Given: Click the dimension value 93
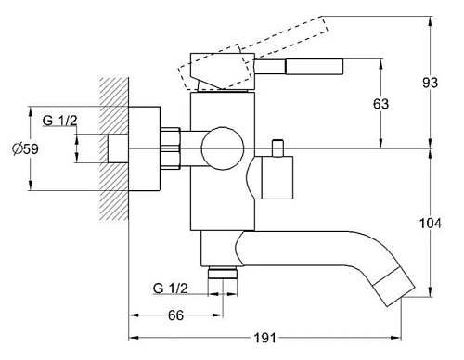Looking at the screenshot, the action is (x=431, y=83).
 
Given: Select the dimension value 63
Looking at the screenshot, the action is (x=380, y=104).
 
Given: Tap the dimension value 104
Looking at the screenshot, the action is (x=431, y=223).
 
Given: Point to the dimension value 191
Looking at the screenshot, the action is (x=265, y=338).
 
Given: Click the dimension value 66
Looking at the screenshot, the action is (x=175, y=315).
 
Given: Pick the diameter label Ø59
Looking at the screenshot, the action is (x=25, y=149).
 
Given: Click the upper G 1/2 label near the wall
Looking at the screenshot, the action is (x=59, y=121).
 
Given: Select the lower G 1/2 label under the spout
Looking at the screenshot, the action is (x=170, y=289).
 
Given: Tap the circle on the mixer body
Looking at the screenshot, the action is (x=223, y=148).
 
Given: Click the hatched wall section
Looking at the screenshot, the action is (x=114, y=148).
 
